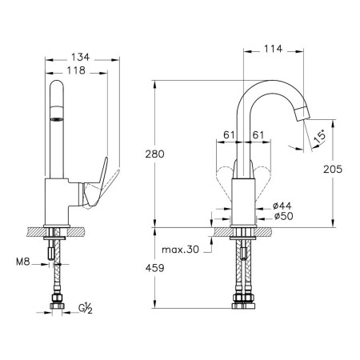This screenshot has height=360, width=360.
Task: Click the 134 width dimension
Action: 81,57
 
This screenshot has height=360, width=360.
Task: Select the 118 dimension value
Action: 76,70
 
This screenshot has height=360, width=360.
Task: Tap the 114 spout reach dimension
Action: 273,49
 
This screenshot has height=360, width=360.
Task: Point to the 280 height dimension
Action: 154,154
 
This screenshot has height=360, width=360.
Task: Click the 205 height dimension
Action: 333,169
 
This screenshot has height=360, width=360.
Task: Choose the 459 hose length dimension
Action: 154,268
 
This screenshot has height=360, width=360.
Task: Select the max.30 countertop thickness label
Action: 180,250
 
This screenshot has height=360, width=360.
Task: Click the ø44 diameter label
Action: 282,206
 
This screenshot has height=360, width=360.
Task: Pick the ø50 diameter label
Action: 284,216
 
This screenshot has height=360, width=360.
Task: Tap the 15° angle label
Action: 319,137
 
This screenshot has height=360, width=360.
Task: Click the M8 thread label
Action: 23,262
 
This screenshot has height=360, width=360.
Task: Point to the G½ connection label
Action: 86,309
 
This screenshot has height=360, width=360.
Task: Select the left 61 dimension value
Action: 229,135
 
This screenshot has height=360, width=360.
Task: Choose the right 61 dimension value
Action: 258,135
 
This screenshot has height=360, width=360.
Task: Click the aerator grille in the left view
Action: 57,119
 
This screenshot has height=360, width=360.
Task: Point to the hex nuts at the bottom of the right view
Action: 244,302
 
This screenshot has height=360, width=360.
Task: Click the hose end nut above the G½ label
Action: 57,302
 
